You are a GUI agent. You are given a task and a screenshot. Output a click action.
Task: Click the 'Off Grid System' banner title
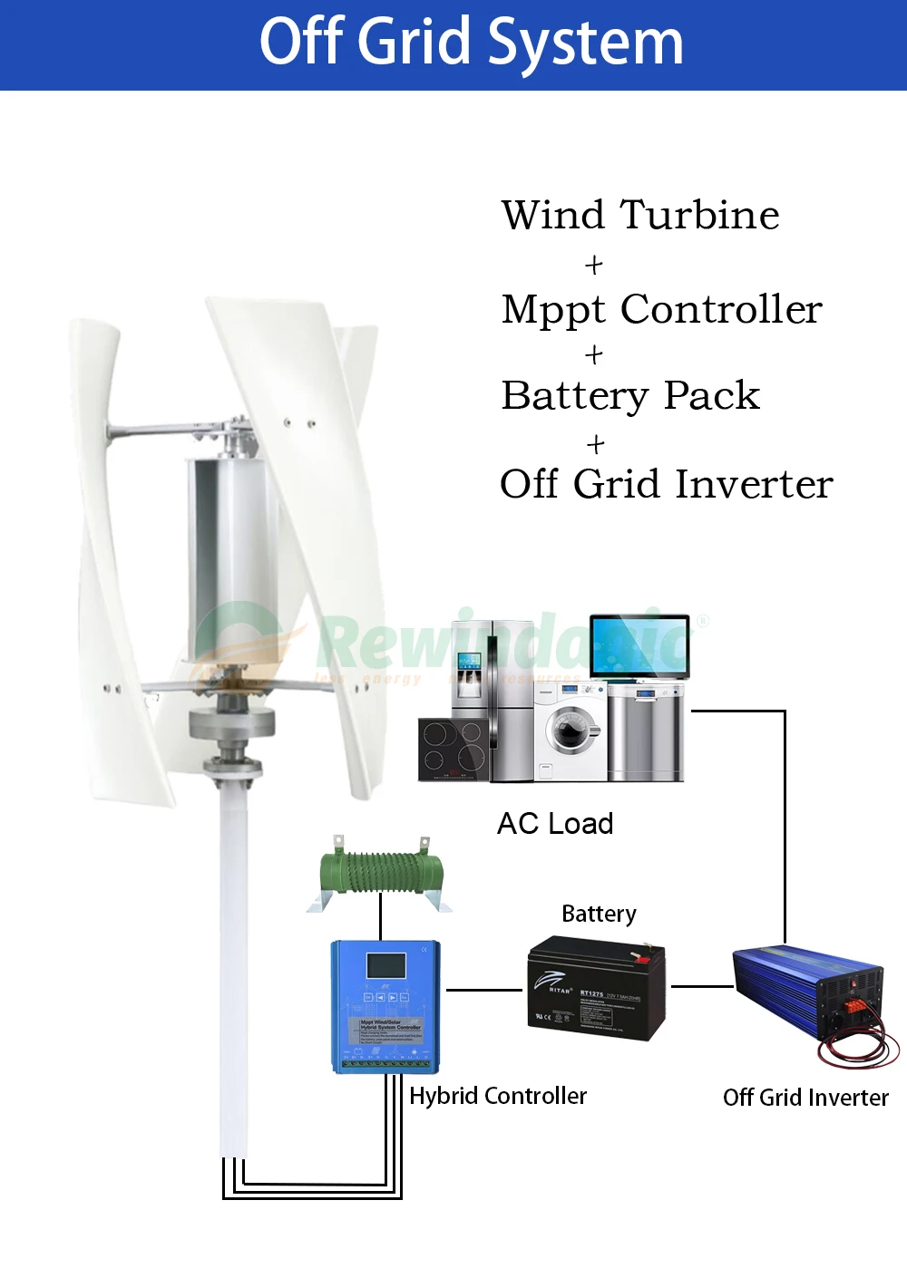pyautogui.click(x=471, y=43)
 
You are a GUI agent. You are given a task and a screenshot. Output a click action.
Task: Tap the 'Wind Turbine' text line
pyautogui.click(x=640, y=216)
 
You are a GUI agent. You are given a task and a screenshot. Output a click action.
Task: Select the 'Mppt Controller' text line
pyautogui.click(x=661, y=309)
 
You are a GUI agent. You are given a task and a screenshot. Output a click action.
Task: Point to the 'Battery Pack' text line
pyautogui.click(x=630, y=395)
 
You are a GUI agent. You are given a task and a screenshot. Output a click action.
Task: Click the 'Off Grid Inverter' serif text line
pyautogui.click(x=666, y=484)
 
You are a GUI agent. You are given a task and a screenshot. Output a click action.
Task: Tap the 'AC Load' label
pyautogui.click(x=555, y=823)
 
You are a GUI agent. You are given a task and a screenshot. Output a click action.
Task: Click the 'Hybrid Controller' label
pyautogui.click(x=498, y=1096)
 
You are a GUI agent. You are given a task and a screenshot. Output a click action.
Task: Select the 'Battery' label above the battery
pyautogui.click(x=599, y=914)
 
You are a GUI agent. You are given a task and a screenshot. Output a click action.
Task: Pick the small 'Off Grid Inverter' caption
pyautogui.click(x=805, y=1098)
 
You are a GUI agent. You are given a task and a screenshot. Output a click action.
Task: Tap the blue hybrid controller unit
pyautogui.click(x=386, y=1006)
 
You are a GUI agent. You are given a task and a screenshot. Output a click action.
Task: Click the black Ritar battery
pyautogui.click(x=596, y=988)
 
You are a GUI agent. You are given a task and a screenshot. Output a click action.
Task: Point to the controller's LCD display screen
pyautogui.click(x=385, y=964)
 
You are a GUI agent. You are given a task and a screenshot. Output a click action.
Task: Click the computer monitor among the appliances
pyautogui.click(x=639, y=645)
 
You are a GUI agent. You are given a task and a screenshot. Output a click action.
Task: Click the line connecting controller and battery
pyautogui.click(x=484, y=990)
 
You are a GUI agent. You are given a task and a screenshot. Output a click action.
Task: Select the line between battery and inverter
pyautogui.click(x=701, y=986)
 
